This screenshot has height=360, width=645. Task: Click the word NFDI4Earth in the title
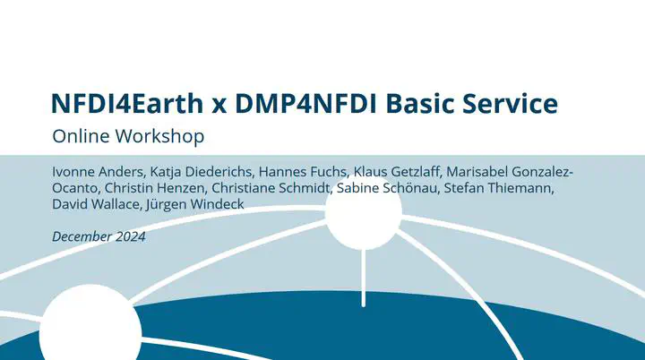(127, 103)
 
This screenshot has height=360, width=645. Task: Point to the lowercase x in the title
(219, 107)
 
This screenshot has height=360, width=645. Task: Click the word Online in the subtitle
(81, 136)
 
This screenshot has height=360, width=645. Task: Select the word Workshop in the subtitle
(159, 136)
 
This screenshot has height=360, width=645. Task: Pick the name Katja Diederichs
(201, 172)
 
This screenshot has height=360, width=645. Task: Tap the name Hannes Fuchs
(303, 172)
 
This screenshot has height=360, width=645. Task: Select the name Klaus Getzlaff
(397, 172)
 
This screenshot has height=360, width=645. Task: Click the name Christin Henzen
(155, 188)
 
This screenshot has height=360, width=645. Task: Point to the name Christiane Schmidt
(271, 188)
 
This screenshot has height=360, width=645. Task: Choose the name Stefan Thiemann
(499, 188)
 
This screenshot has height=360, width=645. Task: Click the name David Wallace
(96, 204)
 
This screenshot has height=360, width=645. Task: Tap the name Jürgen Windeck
(195, 204)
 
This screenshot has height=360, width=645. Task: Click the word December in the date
(82, 236)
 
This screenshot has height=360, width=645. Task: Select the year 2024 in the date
(131, 236)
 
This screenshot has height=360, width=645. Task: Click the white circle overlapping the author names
(363, 213)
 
